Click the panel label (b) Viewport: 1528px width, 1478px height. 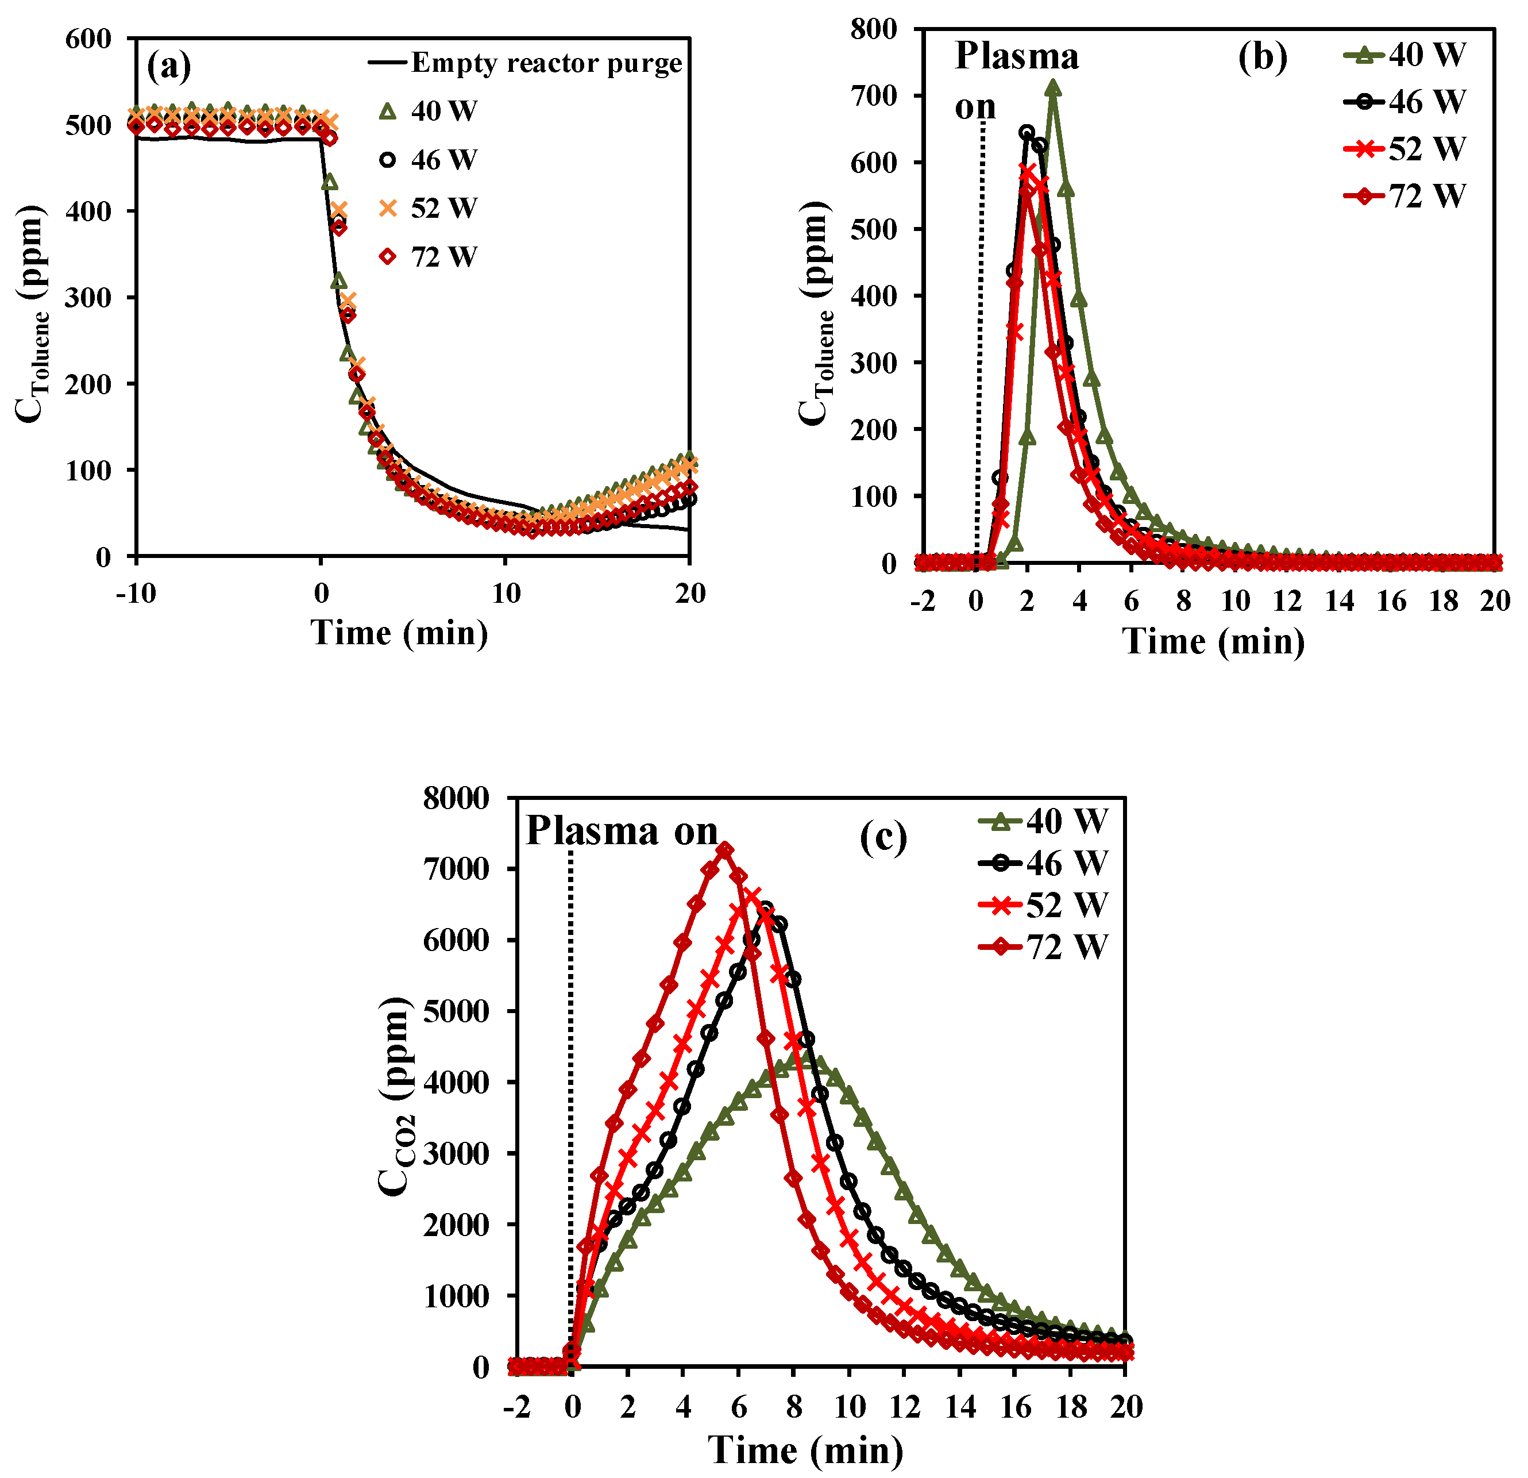[x=1262, y=57]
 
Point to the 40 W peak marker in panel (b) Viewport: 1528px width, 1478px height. [x=1054, y=88]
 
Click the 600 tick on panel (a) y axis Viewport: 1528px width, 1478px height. [x=89, y=39]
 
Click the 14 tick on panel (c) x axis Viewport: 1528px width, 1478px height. [x=960, y=1407]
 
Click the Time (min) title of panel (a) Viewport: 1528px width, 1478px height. [x=399, y=632]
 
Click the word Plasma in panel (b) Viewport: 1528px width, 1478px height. [x=1016, y=56]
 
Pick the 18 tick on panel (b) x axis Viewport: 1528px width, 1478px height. [x=1443, y=601]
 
